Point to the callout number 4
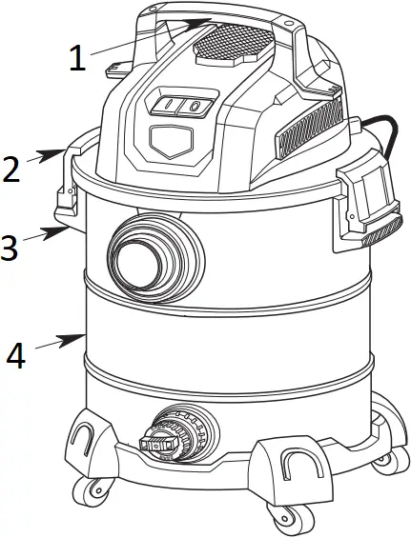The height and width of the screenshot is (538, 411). click(15, 355)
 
